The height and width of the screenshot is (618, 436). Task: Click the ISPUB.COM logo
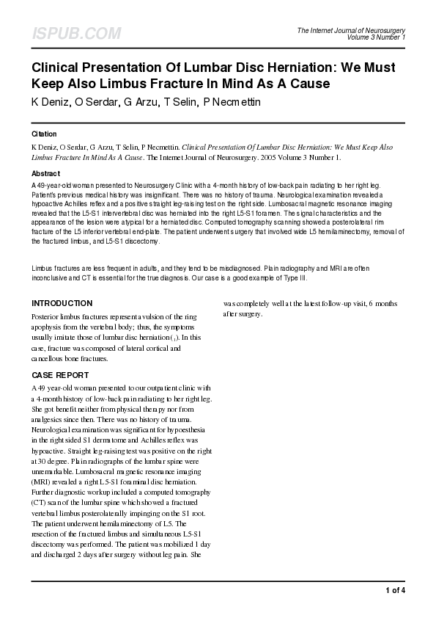[76, 34]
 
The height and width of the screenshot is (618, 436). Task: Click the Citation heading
[43, 134]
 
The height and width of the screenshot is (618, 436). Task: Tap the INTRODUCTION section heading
[62, 303]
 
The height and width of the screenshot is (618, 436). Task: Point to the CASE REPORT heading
[61, 374]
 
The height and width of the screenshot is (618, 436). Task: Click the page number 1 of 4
[394, 589]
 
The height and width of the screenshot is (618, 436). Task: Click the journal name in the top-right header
[351, 29]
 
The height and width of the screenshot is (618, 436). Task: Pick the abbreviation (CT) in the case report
[41, 501]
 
